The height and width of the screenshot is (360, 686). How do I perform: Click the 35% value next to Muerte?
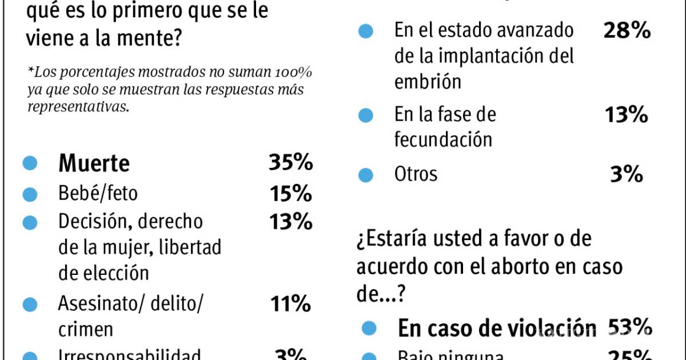(290, 163)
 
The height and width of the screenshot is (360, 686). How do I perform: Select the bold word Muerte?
(94, 164)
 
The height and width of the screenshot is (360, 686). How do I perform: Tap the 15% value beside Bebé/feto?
(290, 194)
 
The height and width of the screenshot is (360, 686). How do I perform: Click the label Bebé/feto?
(98, 194)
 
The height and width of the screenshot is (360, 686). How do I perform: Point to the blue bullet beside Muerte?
(30, 164)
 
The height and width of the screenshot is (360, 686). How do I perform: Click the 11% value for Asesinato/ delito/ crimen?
(290, 303)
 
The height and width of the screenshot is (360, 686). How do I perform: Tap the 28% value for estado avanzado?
(627, 30)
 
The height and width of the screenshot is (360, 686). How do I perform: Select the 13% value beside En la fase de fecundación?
(627, 115)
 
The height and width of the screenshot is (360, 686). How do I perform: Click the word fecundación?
(443, 139)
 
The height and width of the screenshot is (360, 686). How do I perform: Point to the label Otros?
(416, 174)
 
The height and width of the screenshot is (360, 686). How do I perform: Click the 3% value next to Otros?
(627, 174)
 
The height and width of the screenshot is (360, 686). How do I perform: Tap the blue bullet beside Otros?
(366, 174)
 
